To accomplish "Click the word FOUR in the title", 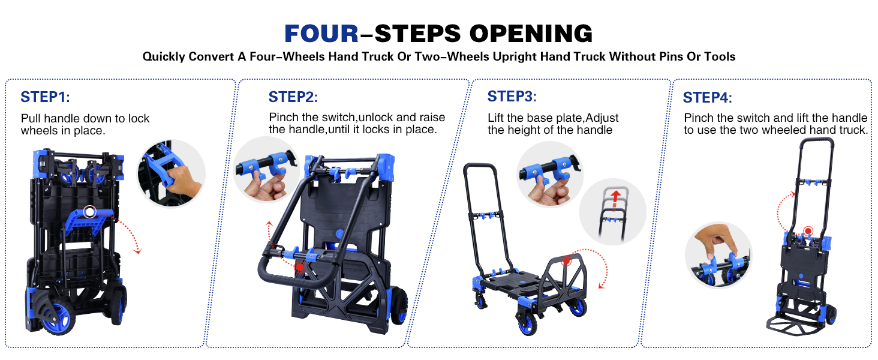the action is coord(321,34).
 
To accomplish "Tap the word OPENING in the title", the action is coord(531,34).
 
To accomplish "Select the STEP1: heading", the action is coord(45,97).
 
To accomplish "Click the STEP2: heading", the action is coord(293,97).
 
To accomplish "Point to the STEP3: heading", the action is coord(512,96).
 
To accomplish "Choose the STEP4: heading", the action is coord(708,98).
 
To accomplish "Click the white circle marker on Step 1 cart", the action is coord(90,212).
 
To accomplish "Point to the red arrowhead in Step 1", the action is coord(137,251).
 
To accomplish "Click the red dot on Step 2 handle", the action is coord(300,266).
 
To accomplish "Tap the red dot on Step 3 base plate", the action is coord(566,260).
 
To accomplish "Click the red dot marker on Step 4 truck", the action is coord(808,231).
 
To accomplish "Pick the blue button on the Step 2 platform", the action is coord(339,233).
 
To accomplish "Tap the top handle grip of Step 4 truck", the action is coord(816,140).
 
